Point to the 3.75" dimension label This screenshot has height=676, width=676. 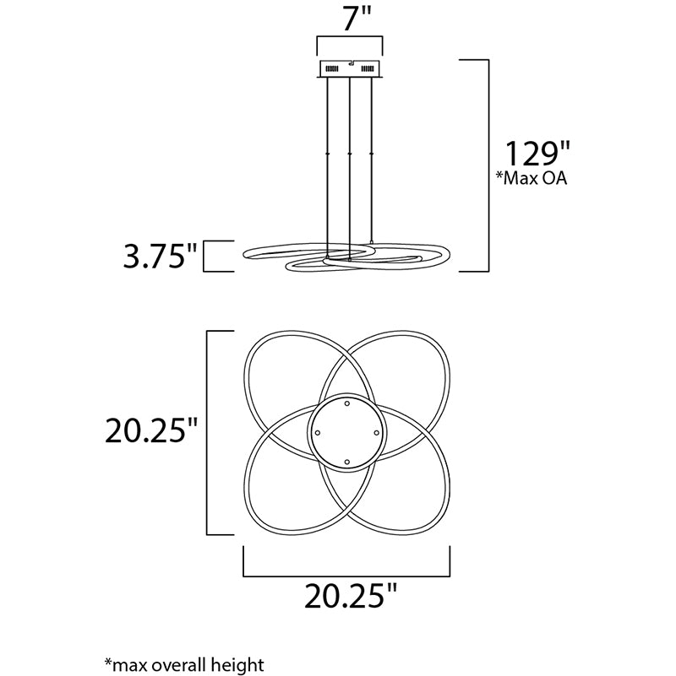coord(160,256)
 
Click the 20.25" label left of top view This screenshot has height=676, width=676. coord(151,430)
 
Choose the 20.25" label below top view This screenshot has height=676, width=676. coord(350,596)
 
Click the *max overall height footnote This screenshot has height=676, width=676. coord(184,664)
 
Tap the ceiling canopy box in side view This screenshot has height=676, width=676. coord(350,69)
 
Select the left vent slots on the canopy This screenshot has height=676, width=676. coord(331,68)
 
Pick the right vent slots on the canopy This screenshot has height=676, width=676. coord(368,68)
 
